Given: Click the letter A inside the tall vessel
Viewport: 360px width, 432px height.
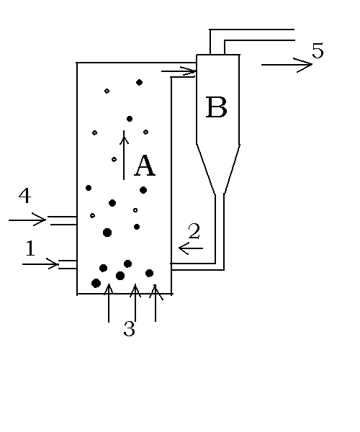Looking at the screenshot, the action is (x=145, y=166).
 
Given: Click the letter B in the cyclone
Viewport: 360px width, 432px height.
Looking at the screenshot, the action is (x=217, y=107).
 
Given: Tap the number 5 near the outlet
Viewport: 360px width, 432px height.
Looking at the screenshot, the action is (x=318, y=50).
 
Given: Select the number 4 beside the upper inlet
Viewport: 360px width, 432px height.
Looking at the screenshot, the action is (x=24, y=195).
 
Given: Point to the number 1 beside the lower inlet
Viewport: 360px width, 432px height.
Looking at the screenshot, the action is (x=30, y=248).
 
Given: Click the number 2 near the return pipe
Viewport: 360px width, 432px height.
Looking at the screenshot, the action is (x=194, y=230).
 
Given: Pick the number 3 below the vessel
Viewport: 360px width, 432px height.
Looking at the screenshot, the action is (x=129, y=328).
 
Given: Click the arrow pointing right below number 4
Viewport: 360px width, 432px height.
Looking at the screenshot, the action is (x=27, y=220).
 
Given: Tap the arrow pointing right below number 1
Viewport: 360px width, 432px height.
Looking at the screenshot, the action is (x=40, y=264).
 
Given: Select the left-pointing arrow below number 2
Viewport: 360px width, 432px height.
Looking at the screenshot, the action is (x=191, y=248).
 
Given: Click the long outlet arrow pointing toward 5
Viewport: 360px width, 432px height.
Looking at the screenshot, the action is (x=287, y=65).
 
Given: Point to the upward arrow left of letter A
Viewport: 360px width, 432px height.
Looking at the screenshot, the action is (x=124, y=155).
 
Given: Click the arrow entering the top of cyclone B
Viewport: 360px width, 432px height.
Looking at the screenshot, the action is (x=179, y=71).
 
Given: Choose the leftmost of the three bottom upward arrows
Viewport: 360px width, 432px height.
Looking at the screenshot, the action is (x=109, y=303).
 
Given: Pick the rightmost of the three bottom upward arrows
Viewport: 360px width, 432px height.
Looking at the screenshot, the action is (x=156, y=303).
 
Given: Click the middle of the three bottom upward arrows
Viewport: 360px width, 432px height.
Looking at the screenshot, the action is (x=135, y=303).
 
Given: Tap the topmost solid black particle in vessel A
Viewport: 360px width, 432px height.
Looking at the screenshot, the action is (x=139, y=82).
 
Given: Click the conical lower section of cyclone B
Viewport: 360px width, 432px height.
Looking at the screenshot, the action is (x=218, y=169).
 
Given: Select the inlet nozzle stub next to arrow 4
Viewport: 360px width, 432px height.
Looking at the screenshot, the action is (x=62, y=221).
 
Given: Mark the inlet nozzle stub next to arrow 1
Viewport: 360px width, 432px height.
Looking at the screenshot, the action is (x=68, y=264).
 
